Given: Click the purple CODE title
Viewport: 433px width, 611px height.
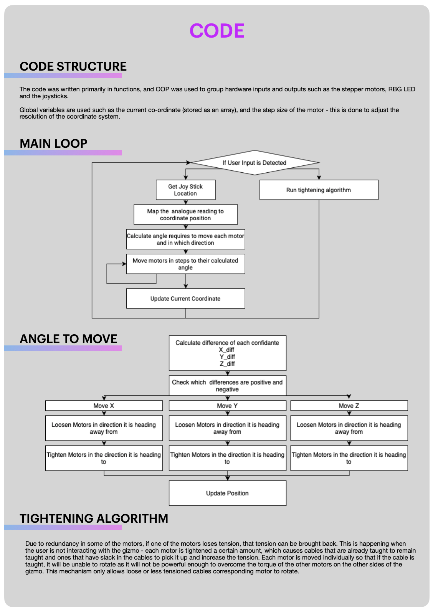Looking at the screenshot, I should tap(217, 31).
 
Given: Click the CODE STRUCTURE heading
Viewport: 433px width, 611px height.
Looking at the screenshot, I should tap(73, 66).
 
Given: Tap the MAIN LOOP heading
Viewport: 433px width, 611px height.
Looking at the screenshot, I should tap(53, 144).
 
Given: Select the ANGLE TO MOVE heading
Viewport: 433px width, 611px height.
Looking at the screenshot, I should tap(68, 339).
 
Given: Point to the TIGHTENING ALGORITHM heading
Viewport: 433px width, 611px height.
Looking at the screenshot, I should tap(94, 519).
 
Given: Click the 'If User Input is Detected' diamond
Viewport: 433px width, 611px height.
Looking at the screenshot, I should tap(255, 163).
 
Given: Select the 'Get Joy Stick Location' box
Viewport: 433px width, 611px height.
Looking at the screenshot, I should tap(185, 190).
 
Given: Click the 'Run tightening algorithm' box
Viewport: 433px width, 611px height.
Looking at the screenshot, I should tap(319, 190).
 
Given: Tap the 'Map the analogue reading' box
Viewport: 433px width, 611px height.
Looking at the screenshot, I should tap(185, 215).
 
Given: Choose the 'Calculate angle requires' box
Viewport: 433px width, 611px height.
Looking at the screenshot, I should tap(185, 239).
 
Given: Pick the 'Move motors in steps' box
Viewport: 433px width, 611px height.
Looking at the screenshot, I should tap(185, 264).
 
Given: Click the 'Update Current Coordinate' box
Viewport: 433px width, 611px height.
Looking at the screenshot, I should tap(185, 299).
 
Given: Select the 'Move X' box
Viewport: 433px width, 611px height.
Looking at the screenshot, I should tap(104, 406).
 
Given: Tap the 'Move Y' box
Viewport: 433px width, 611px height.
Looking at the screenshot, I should tap(227, 406).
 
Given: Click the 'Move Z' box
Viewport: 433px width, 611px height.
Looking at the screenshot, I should tap(349, 406).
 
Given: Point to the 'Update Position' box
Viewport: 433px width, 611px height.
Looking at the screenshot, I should tap(227, 493).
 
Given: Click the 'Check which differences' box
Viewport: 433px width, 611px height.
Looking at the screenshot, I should tap(227, 386).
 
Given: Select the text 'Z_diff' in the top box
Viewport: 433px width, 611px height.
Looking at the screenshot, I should tap(227, 364).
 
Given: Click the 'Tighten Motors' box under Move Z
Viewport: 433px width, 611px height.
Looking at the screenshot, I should tap(349, 458).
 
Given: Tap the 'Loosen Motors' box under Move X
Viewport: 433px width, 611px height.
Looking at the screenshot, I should tap(104, 428).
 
